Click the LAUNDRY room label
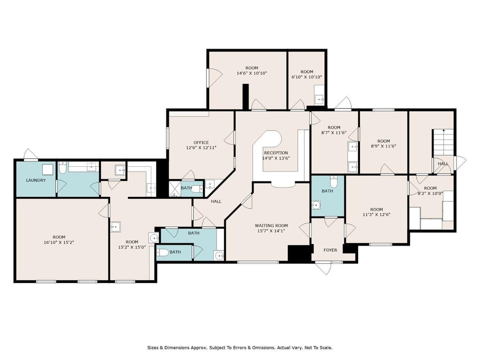pos(36,180)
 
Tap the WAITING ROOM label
pos(271,225)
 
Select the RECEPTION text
pos(276,153)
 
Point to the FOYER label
pos(330,250)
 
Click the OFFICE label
pos(201,142)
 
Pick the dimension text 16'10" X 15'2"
pos(59,242)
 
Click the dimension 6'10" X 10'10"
pos(307,77)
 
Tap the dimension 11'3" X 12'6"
pos(376,215)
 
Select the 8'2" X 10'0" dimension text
pos(430,193)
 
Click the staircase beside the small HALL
pos(442,142)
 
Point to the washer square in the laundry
pos(47,169)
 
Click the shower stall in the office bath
pos(175,189)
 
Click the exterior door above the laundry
pos(31,154)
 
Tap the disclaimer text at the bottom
pos(240,348)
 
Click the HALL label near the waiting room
pos(216,202)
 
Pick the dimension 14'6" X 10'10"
pos(252,73)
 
